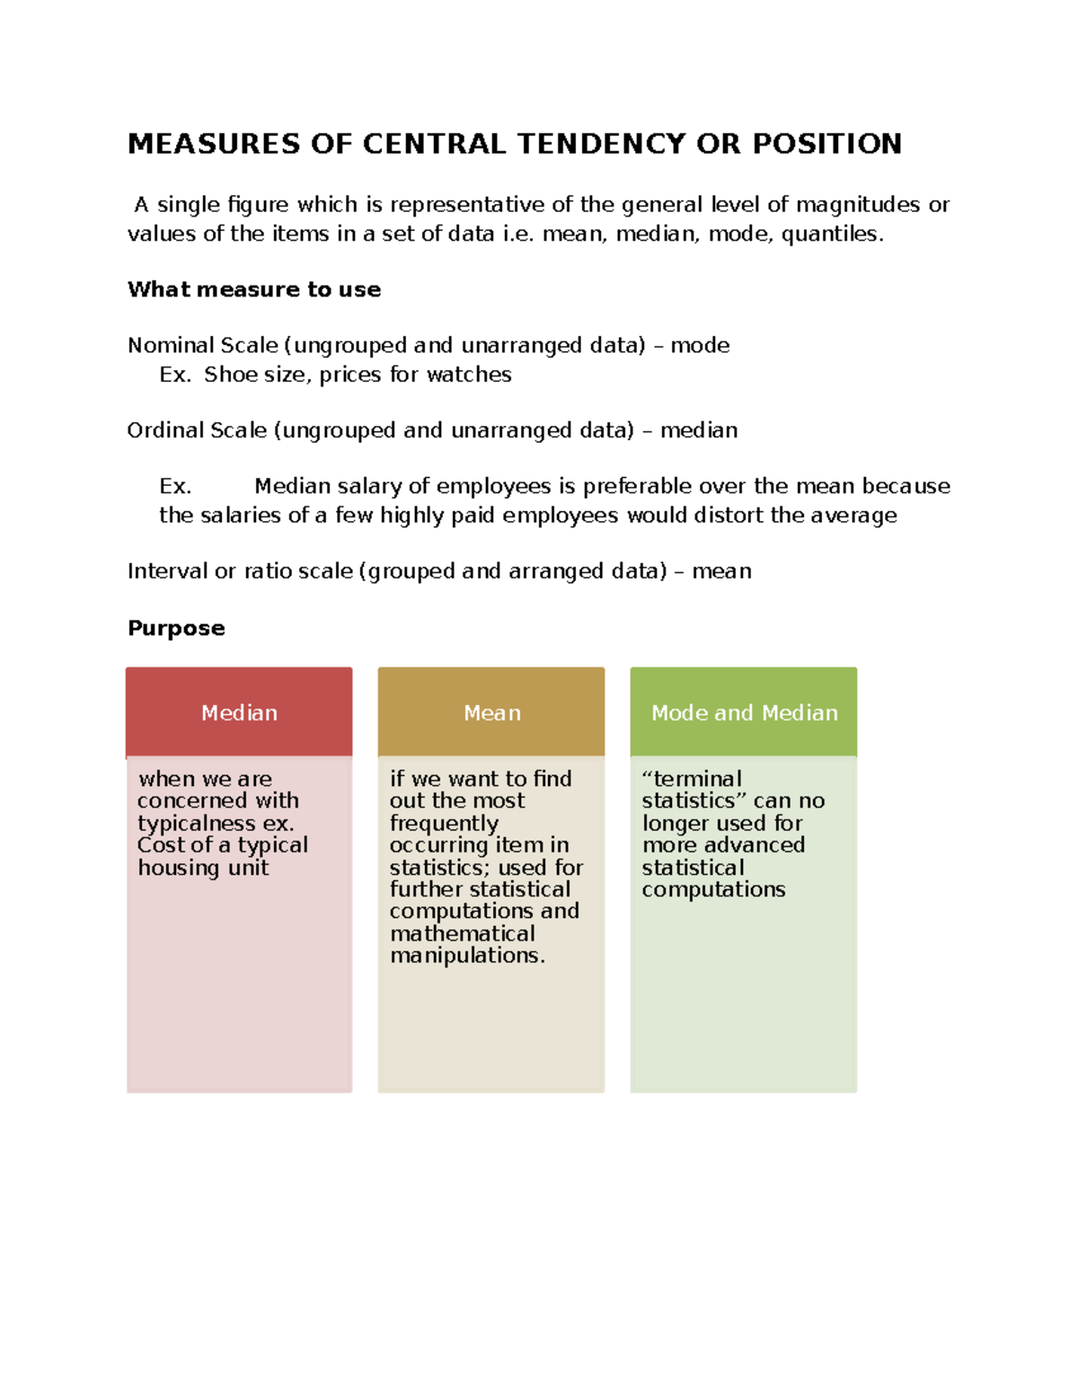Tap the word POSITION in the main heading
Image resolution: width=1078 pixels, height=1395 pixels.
826,144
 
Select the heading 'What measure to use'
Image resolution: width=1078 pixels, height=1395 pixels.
254,289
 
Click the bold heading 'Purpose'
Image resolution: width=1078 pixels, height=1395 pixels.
176,628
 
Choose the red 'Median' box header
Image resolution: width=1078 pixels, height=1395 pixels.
239,712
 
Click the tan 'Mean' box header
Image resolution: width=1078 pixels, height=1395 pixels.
491,712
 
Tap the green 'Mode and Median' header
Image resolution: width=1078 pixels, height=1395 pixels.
744,712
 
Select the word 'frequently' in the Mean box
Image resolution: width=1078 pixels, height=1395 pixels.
444,824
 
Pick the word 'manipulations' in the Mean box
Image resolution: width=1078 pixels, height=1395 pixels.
465,956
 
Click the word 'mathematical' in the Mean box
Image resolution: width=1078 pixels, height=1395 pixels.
463,934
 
